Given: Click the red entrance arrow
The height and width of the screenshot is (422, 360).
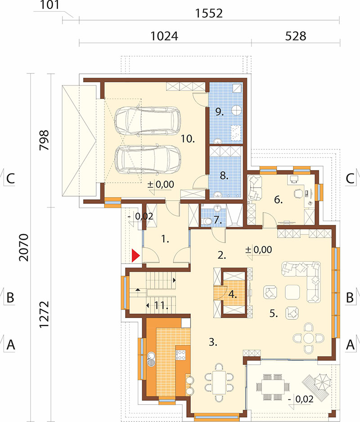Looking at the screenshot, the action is click(135, 256).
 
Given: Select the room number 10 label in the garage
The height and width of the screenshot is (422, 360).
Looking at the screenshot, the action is click(187, 139).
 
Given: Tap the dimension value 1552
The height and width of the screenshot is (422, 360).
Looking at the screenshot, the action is click(209, 13).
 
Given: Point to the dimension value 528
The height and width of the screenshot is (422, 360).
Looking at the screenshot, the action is click(295, 36).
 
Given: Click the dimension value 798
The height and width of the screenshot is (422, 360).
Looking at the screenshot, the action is click(44, 140).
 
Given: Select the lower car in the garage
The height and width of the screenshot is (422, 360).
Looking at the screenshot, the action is click(148, 159).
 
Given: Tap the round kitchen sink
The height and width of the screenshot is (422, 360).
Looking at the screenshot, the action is click(151, 359).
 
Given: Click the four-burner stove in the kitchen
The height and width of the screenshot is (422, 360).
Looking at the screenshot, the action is click(180, 355).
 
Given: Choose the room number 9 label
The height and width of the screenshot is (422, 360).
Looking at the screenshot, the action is click(220, 112).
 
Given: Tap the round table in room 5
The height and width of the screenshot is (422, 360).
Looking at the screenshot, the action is click(308, 338).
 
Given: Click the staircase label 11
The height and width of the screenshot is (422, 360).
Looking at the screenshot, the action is click(161, 305).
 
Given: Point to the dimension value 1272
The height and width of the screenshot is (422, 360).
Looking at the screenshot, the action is click(44, 314).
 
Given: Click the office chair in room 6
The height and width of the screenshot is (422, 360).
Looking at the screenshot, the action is click(298, 193).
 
